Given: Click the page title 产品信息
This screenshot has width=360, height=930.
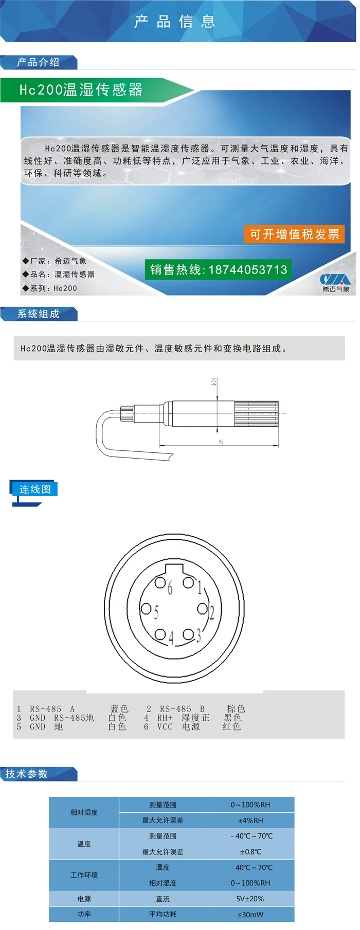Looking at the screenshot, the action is [x=175, y=22].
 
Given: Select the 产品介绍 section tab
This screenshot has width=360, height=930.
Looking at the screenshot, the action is [x=39, y=62].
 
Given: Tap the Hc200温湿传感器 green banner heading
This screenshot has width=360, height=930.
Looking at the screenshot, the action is [x=81, y=90].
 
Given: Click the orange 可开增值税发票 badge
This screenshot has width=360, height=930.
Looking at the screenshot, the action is [x=294, y=234].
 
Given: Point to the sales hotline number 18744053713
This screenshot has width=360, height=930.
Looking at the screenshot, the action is [x=248, y=270].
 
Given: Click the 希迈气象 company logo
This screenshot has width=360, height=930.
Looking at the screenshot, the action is [x=335, y=282].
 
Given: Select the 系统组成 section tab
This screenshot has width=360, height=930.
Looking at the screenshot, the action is [x=39, y=314].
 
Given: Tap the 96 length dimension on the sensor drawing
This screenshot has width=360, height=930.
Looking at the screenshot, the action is [x=221, y=442].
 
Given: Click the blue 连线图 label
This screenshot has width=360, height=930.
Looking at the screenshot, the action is [x=35, y=489].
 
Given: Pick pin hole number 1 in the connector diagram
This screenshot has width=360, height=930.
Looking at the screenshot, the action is [x=188, y=582].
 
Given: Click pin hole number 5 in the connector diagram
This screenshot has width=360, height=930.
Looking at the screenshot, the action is [x=146, y=610].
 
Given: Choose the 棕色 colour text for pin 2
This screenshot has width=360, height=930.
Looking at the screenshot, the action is [x=236, y=708].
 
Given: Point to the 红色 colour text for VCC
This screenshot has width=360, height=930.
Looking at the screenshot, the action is [x=232, y=726].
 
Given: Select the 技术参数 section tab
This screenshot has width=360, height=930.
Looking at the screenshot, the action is [x=27, y=774].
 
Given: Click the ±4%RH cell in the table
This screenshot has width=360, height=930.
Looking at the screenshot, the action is [x=250, y=820].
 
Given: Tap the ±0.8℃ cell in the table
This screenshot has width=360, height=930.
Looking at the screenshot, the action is [x=250, y=852].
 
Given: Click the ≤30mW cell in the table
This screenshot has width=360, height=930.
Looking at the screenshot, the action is [x=250, y=915].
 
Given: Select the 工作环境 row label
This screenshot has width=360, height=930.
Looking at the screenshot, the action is [x=84, y=875].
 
